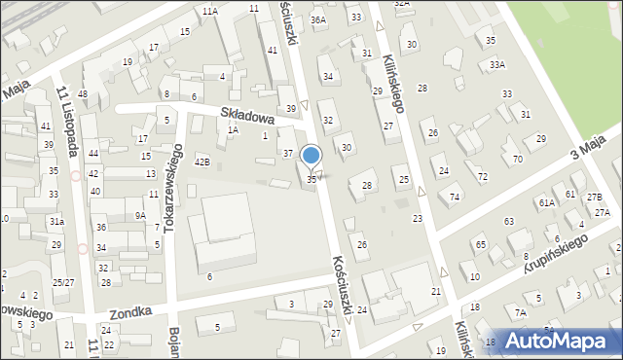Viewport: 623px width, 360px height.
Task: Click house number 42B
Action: click(x=202, y=162)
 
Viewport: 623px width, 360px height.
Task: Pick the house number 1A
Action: click(x=233, y=129)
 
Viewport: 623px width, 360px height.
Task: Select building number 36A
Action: click(x=317, y=19)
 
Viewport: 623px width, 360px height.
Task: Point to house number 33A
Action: click(x=497, y=64)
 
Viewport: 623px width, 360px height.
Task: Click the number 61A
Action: click(x=546, y=202)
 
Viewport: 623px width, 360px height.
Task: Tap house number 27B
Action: click(x=594, y=198)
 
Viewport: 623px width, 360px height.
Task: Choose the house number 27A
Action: click(x=602, y=212)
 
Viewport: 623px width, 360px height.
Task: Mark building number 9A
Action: click(x=140, y=216)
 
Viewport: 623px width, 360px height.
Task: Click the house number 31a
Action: click(x=57, y=222)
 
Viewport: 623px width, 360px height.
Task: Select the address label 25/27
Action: click(x=63, y=282)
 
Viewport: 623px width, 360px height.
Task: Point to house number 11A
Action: click(x=209, y=11)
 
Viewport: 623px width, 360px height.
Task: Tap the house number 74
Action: click(x=455, y=197)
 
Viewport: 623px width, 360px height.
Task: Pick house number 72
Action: click(x=483, y=177)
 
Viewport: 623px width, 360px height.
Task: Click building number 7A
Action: click(x=520, y=312)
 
